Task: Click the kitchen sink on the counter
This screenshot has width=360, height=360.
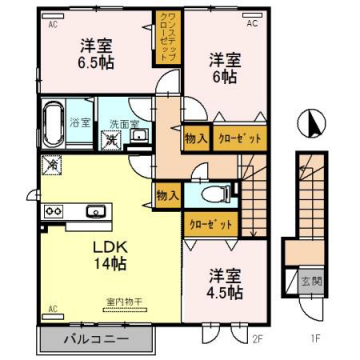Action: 98,211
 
